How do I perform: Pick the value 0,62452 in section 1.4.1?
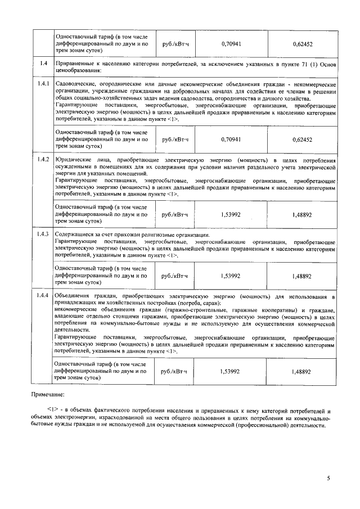coord(301,138)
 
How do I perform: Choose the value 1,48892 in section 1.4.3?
coord(301,276)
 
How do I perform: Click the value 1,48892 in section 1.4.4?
coord(301,372)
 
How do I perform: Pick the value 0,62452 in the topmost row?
coord(301,43)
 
